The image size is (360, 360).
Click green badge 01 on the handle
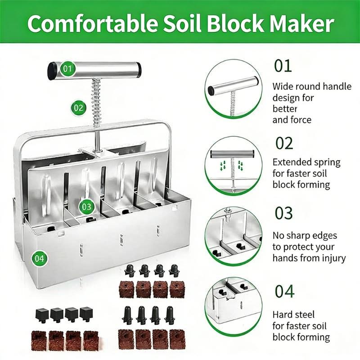point(67,69)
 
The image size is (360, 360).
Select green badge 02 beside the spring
point(78,108)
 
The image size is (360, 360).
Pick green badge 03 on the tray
point(86,207)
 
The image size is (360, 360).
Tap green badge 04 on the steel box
point(39,258)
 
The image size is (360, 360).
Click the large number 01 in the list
point(283,66)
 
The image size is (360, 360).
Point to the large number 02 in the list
point(283,144)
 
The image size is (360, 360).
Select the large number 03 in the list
point(283,213)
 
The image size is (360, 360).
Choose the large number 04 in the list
point(284,291)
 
